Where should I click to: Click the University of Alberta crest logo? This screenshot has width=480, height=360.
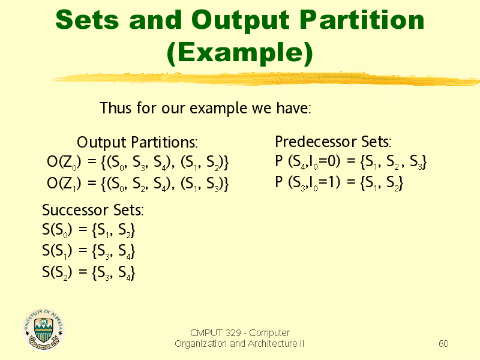click(x=43, y=329)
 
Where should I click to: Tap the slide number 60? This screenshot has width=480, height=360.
click(x=443, y=343)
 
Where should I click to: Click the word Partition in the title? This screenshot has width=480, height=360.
click(x=362, y=20)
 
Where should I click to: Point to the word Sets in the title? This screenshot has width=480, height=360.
click(x=87, y=20)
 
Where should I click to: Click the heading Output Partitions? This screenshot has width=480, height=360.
click(x=137, y=142)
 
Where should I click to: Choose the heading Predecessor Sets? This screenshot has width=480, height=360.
click(x=333, y=142)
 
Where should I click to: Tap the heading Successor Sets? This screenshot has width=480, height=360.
click(x=93, y=210)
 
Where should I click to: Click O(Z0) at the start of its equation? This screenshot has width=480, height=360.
click(x=64, y=162)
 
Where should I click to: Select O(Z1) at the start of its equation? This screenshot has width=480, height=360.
click(x=64, y=184)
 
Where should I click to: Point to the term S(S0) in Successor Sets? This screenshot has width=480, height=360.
click(x=57, y=230)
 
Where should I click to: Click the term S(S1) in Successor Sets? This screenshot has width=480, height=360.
click(x=57, y=251)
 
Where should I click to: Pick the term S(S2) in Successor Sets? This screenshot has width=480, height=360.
click(x=57, y=272)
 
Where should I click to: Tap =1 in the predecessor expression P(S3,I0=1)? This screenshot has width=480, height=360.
click(x=327, y=182)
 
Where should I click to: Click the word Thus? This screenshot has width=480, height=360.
click(x=116, y=108)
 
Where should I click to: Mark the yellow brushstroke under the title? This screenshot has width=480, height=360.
click(x=265, y=79)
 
